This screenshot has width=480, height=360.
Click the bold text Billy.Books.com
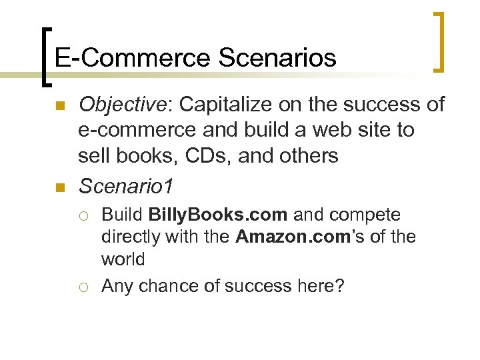click(218, 215)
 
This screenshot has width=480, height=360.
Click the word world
click(123, 258)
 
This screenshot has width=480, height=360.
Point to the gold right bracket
click(439, 41)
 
